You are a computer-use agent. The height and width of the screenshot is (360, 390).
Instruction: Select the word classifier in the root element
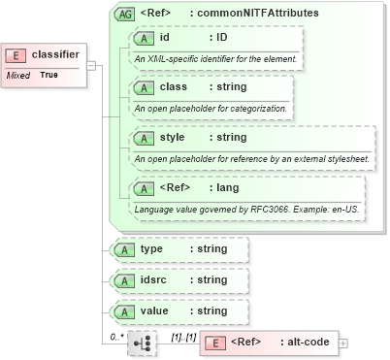pyautogui.click(x=55, y=55)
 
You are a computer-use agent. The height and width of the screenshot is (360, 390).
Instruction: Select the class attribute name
pyautogui.click(x=173, y=87)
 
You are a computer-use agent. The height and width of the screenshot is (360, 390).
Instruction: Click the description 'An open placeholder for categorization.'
pyautogui.click(x=211, y=108)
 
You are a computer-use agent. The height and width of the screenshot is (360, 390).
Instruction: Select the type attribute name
pyautogui.click(x=151, y=249)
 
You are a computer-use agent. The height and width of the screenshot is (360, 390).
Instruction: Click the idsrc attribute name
pyautogui.click(x=155, y=280)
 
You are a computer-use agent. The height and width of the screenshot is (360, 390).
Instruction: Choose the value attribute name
pyautogui.click(x=155, y=311)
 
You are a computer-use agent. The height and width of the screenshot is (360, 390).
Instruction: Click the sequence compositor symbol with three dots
pyautogui.click(x=142, y=343)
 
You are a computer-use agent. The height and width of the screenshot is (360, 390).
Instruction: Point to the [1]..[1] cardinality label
pyautogui.click(x=182, y=336)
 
